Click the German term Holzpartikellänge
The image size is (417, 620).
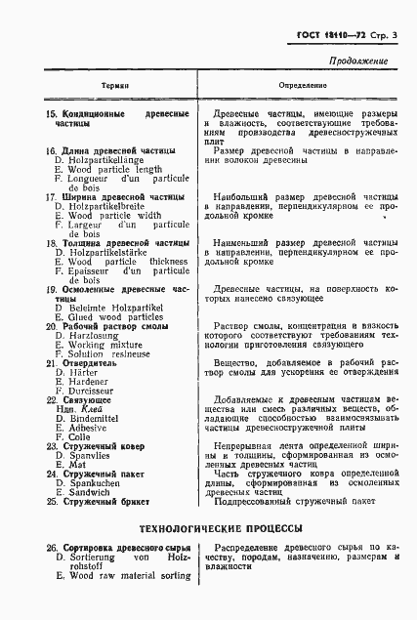coord(107,160)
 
